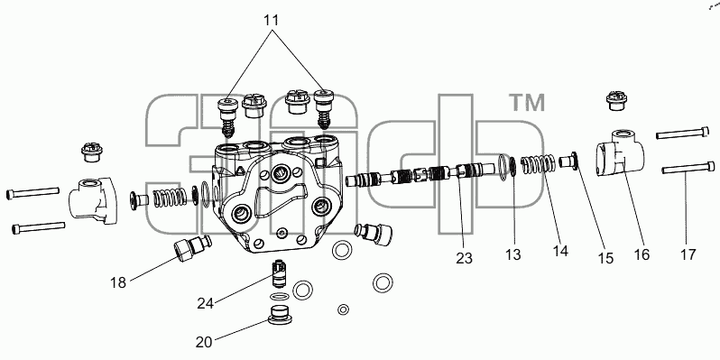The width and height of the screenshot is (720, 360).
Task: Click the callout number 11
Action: point(271,21)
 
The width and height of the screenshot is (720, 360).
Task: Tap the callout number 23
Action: point(464,258)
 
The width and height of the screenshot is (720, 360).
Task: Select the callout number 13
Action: point(512,254)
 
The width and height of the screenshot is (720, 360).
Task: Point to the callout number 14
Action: point(560,251)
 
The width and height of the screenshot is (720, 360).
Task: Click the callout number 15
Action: point(605,258)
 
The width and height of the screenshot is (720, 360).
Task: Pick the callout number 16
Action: point(642,254)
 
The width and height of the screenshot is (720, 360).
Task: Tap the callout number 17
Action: point(688,254)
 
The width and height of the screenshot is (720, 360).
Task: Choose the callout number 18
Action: point(118,282)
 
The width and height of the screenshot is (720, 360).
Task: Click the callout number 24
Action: point(206,303)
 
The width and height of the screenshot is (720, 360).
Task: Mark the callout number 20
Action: point(204,342)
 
